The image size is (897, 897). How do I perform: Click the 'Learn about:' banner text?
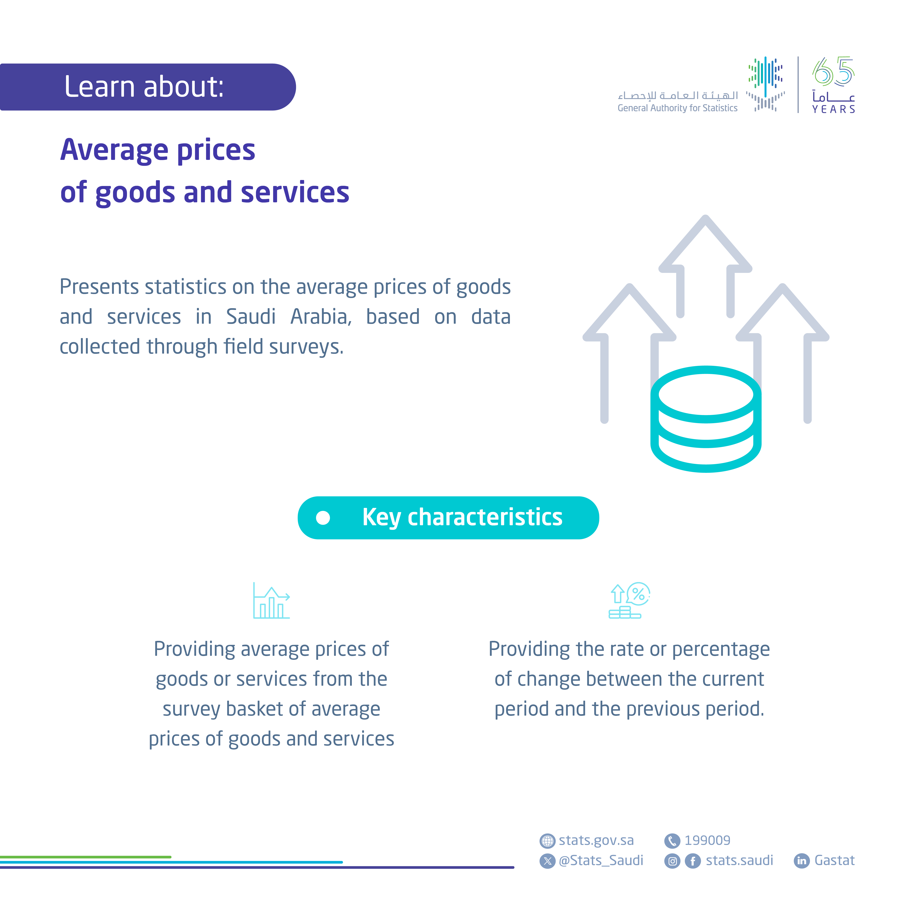(144, 87)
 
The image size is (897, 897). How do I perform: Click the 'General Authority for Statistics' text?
(677, 108)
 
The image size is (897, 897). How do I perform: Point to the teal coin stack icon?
(706, 419)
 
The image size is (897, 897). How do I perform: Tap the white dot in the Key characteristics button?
(323, 518)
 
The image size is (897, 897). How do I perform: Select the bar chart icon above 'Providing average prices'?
(272, 600)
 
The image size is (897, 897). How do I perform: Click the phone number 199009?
(707, 840)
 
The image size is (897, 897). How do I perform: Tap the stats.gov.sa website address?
(596, 840)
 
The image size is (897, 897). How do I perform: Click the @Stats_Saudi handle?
(601, 860)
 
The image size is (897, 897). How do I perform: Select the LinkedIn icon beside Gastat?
(802, 861)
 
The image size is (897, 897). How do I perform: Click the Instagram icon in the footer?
(672, 861)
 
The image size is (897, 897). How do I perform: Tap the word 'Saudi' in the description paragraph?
(251, 317)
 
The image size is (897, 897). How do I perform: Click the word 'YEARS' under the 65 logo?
(833, 109)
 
